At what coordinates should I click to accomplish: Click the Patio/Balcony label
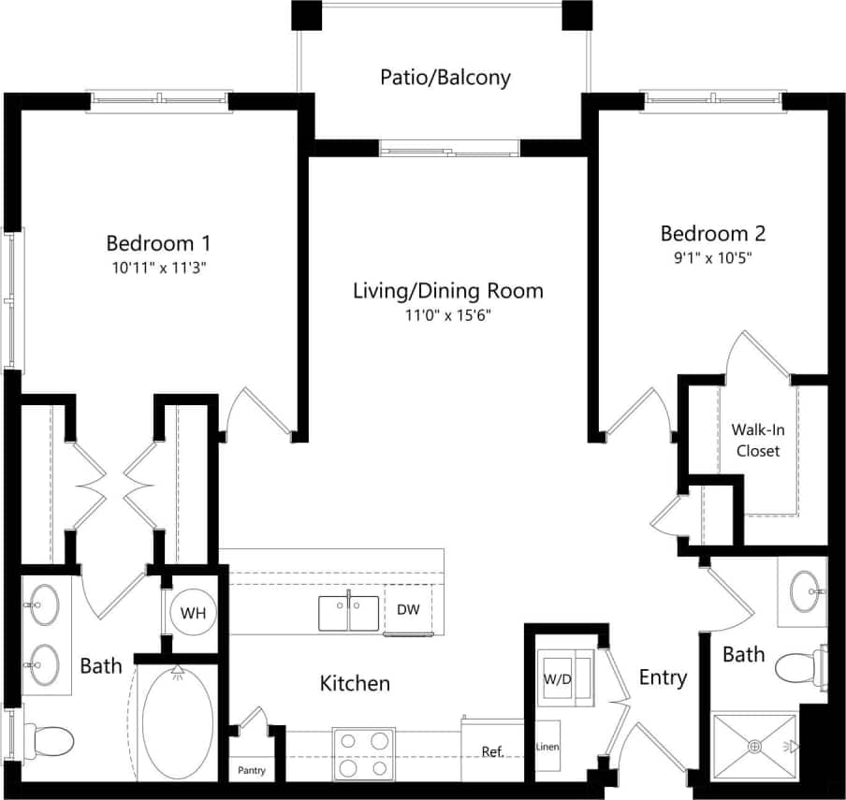coord(445,77)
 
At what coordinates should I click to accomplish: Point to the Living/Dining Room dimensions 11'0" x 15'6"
coord(447,315)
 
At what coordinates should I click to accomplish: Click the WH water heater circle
coord(193,613)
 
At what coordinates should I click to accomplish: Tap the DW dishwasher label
coord(408,609)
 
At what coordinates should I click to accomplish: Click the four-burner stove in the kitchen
coord(360,755)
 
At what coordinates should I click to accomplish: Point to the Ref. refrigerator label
coord(492,751)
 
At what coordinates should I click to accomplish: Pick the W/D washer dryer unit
coord(558,678)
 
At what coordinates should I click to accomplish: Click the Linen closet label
coord(547,747)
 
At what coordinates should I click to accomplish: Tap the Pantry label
coord(251,771)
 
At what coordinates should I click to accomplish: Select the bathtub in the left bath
coord(177,723)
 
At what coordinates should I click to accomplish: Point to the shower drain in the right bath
coord(754,747)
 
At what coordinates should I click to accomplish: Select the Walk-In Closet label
coord(757,440)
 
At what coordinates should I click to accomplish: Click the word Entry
coord(663,676)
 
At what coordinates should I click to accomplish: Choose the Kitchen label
coord(355,683)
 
